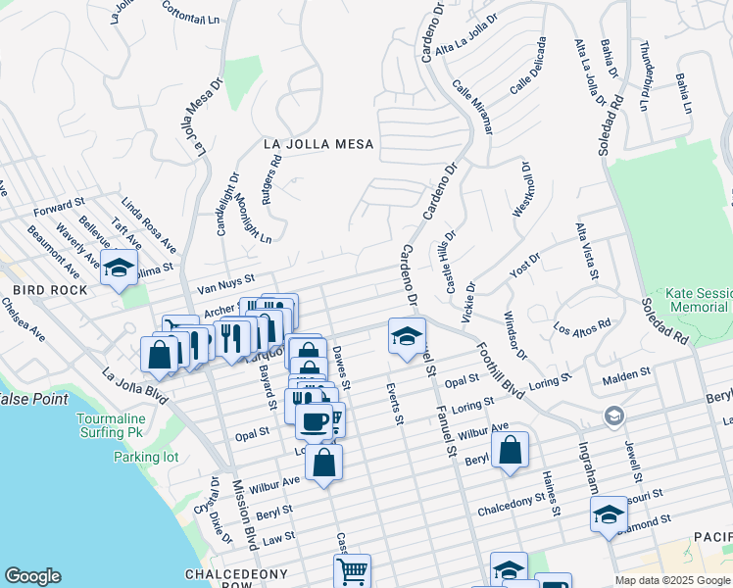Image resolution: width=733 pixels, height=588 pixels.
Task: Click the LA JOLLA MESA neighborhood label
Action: (319, 144)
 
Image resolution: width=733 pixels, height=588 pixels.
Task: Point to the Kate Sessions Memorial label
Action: (698, 300)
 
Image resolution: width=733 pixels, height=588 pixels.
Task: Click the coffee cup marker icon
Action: (314, 422)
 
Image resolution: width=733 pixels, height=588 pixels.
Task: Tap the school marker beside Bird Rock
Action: (119, 268)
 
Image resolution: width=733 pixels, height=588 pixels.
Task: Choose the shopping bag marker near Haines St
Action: (510, 451)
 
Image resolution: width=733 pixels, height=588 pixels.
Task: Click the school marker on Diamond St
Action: (609, 514)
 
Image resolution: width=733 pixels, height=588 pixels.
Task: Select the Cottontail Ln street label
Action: (186, 12)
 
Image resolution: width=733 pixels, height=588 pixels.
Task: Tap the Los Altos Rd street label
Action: (582, 325)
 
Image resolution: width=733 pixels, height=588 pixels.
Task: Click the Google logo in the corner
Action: (32, 576)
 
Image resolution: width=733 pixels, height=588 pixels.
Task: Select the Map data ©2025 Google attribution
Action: (672, 580)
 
